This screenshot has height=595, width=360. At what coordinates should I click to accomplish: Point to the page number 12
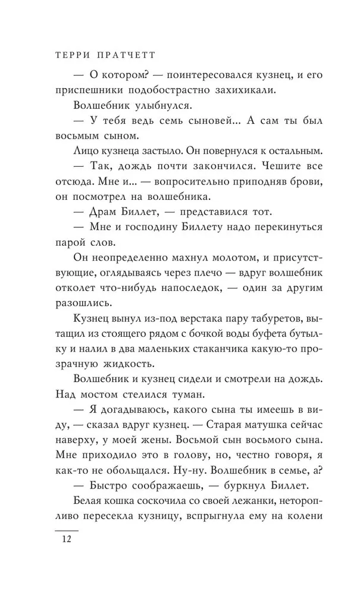tap(65, 540)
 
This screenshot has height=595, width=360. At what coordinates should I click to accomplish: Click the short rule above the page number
tap(66, 528)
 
